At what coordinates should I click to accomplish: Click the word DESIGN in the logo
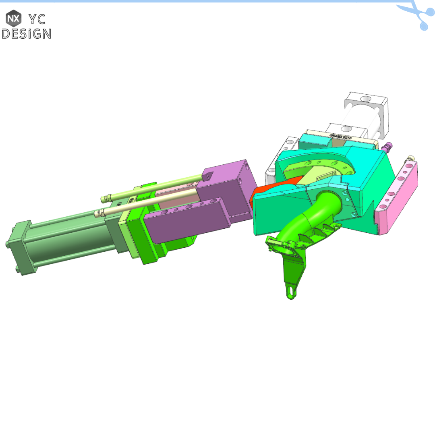27,33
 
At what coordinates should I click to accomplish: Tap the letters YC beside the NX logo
37,19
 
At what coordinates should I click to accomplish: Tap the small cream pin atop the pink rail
411,158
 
